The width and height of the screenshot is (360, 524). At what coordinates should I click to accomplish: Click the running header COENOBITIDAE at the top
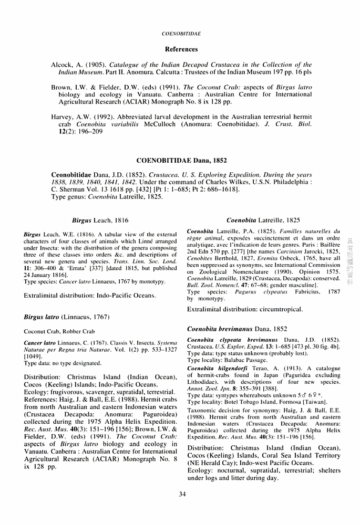181,34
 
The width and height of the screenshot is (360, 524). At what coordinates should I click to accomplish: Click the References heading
181,49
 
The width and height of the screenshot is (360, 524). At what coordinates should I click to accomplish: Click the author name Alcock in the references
62,65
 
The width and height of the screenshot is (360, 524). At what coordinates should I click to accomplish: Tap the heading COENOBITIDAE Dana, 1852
181,160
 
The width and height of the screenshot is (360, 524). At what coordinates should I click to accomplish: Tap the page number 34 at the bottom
182,494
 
